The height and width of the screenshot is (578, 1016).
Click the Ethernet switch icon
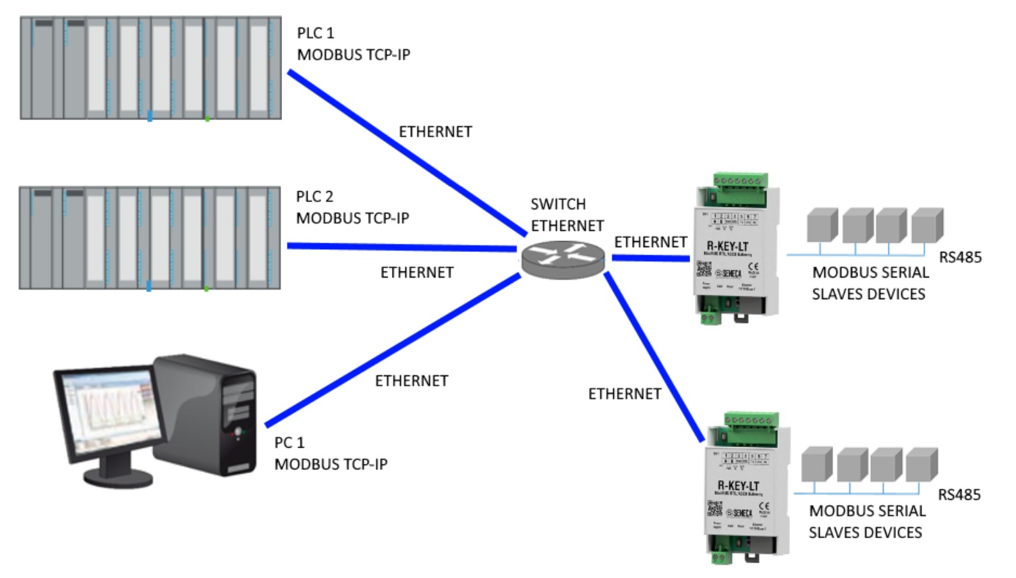click(x=563, y=259)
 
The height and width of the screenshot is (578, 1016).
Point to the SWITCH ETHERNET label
click(x=567, y=215)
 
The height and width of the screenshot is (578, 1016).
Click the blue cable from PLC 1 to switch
click(x=405, y=152)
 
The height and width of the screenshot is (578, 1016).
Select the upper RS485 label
click(x=960, y=257)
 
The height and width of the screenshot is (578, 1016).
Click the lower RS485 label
click(x=959, y=495)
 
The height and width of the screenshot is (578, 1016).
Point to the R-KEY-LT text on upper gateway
click(x=727, y=246)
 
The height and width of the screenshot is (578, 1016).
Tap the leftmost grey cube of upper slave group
click(x=822, y=225)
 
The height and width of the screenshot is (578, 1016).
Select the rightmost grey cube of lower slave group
click(x=921, y=465)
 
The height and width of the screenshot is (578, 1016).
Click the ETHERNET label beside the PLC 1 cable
click(x=435, y=132)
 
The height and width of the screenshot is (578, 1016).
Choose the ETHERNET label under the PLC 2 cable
click(x=417, y=273)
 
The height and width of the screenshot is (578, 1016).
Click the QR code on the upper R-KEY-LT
click(x=704, y=269)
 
